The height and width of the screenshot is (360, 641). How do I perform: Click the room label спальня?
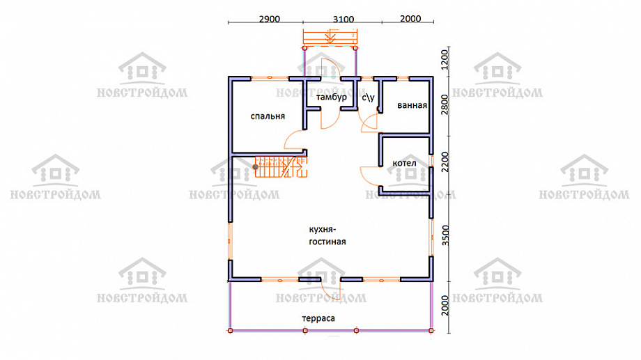(268, 116)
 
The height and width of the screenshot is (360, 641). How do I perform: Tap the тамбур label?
(331, 97)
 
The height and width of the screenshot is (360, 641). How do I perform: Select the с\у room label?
(368, 97)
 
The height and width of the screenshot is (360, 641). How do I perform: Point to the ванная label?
(412, 105)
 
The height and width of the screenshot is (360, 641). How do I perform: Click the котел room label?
(404, 164)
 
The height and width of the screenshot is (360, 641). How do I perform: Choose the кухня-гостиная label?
(327, 235)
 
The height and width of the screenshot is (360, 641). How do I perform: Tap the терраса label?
(318, 318)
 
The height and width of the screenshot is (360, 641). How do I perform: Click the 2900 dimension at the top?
(270, 19)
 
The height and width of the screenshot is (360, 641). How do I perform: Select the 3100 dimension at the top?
(343, 19)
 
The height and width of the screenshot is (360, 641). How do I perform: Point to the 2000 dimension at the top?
(410, 19)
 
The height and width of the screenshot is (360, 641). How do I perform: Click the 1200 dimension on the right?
(445, 60)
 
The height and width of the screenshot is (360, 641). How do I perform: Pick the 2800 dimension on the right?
(445, 104)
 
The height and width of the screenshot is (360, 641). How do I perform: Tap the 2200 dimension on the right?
(445, 162)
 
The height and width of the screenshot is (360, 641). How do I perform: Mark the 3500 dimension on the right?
(445, 235)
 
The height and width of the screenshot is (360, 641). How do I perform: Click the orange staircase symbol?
(281, 166)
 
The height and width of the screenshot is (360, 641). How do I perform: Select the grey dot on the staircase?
(256, 166)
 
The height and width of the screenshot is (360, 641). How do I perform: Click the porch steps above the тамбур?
(330, 37)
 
